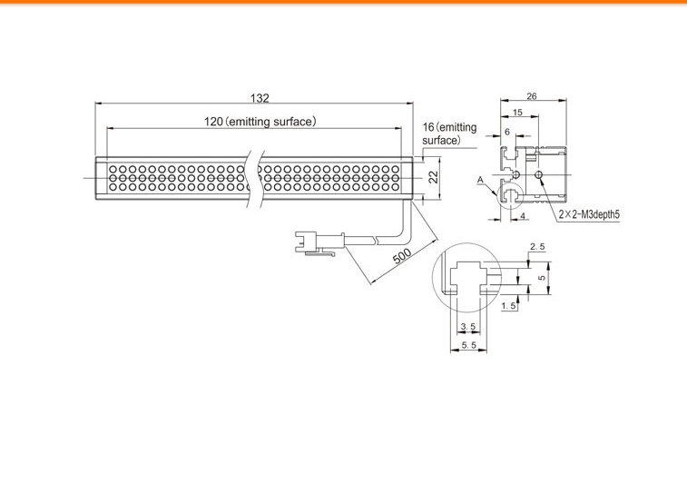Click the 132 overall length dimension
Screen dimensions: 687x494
click(260, 98)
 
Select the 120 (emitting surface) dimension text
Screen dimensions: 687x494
click(260, 122)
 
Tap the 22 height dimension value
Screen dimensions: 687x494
click(433, 177)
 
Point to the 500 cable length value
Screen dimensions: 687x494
click(402, 256)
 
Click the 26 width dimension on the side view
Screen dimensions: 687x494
click(532, 96)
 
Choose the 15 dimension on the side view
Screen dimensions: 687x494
click(517, 113)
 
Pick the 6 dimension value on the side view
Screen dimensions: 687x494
click(507, 132)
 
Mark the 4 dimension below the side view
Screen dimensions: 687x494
click(522, 215)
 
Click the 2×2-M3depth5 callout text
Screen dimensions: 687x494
click(589, 215)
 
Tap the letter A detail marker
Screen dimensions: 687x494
click(480, 180)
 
